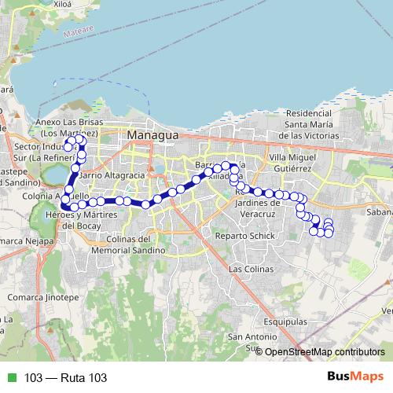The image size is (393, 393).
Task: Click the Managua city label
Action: (153, 135)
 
